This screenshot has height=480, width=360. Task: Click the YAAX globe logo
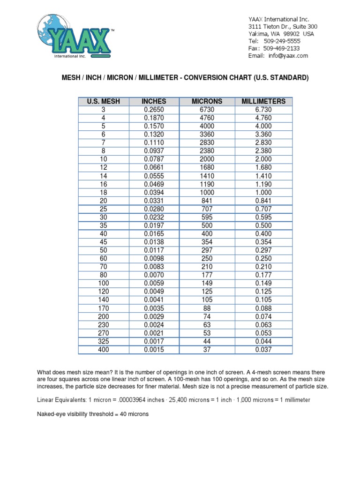[x=75, y=36]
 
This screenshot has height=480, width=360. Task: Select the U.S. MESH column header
[x=103, y=101]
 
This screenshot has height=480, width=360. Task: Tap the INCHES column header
[x=155, y=101]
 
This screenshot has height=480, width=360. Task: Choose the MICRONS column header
[x=207, y=101]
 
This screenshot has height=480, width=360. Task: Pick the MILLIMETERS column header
[x=263, y=101]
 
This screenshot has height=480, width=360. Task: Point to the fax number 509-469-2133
[x=281, y=48]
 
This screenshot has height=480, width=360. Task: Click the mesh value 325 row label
[x=103, y=341]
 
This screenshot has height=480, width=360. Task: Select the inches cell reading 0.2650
[x=155, y=109]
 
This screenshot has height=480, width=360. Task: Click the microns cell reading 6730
[x=207, y=109]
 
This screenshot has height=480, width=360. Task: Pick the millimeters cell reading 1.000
[x=263, y=192]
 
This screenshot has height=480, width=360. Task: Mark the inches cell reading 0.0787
[x=155, y=159]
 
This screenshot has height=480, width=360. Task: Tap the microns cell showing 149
[x=207, y=283]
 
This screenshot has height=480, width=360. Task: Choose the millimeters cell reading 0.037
[x=263, y=350]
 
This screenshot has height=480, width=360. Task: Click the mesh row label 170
[x=103, y=308]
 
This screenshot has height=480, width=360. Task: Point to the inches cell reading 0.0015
[x=155, y=350]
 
